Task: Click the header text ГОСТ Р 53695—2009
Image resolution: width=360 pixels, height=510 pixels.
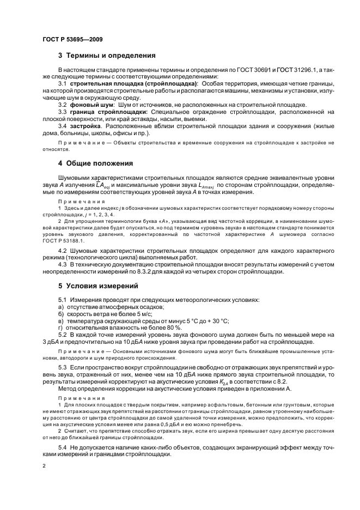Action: click(72, 39)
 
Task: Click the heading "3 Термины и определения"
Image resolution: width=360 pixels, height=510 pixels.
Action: click(107, 56)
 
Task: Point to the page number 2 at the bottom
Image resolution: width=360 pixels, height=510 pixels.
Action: click(44, 466)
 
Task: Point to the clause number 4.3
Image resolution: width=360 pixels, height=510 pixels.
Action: click(63, 264)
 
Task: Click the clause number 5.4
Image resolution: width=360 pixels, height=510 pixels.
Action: click(63, 447)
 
